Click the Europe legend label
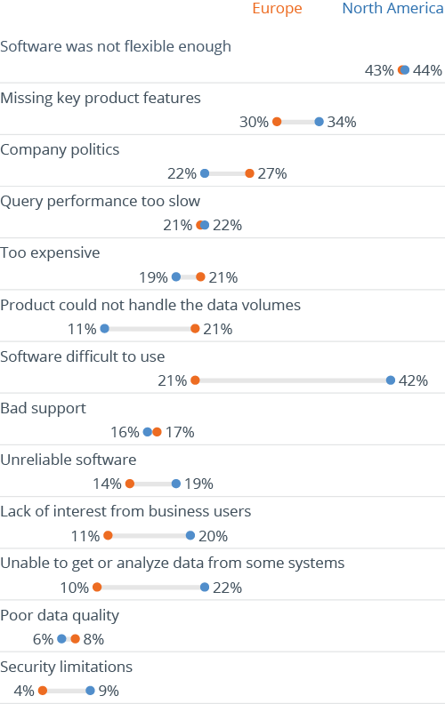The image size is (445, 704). (x=277, y=9)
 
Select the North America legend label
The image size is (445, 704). (x=392, y=9)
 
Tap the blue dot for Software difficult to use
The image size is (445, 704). (x=391, y=380)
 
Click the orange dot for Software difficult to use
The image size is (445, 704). (x=195, y=380)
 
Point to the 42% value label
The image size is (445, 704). (x=413, y=380)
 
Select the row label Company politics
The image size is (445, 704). (x=60, y=149)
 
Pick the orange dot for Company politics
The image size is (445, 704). (x=249, y=173)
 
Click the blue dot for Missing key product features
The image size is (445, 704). (x=320, y=122)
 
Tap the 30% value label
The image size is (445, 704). (x=254, y=122)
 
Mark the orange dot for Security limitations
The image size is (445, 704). (x=42, y=691)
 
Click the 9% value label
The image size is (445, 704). (x=109, y=691)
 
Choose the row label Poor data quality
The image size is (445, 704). (x=60, y=615)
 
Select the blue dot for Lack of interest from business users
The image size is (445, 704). (x=190, y=535)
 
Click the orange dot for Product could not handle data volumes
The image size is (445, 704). (x=195, y=329)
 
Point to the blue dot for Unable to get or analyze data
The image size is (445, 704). (x=205, y=587)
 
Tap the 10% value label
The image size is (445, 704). (x=74, y=588)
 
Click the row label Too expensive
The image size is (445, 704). (x=50, y=252)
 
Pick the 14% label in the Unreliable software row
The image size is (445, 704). (x=106, y=484)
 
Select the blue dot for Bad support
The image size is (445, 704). (x=148, y=432)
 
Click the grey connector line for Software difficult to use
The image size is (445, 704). (x=293, y=380)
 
